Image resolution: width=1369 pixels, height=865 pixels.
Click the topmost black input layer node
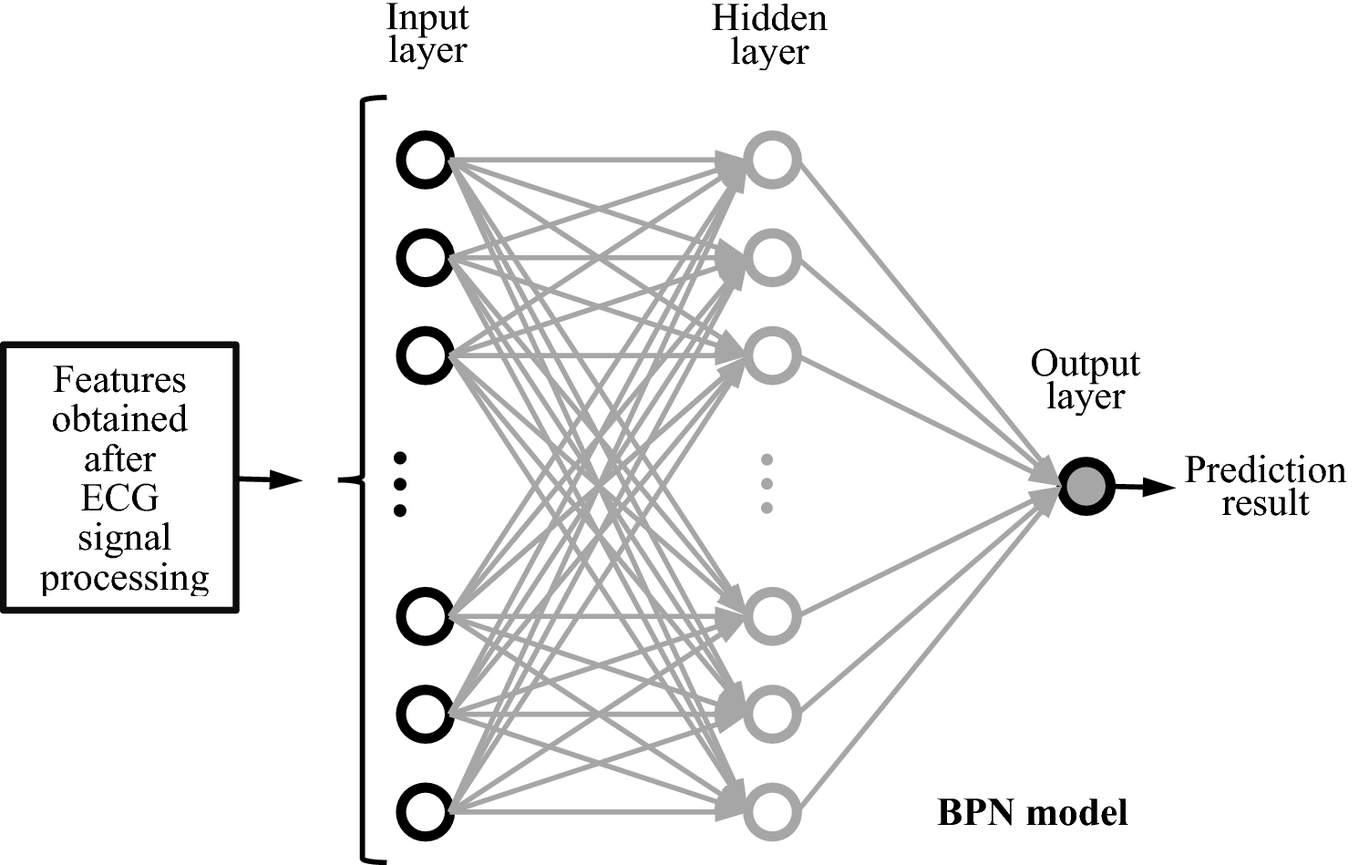coord(425,160)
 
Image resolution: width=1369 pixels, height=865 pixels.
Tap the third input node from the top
coord(425,355)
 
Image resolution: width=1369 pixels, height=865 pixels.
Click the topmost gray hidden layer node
coord(773,160)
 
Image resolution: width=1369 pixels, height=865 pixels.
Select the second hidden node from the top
coord(773,258)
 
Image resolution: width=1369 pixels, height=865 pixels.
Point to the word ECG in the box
coord(119,499)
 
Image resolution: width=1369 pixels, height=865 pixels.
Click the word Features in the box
coord(119,379)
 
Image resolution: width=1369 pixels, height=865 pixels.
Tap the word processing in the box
coord(125,578)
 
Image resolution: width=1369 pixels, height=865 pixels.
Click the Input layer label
coord(427,34)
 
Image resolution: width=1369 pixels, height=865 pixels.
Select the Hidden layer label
coord(769,35)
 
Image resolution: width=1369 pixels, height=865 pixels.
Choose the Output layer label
coord(1085,380)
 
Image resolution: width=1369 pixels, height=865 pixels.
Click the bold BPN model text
coord(1033,811)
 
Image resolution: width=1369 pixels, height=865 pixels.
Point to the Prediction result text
coord(1264,486)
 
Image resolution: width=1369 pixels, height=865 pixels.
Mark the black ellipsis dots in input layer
coord(399,484)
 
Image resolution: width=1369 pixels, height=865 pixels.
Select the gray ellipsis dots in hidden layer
coord(767,483)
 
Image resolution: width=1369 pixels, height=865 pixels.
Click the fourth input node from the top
coord(425,615)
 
